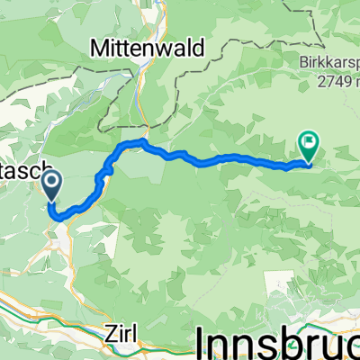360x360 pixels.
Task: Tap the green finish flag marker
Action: point(310,142)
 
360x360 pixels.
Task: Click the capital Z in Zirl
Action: point(109,332)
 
